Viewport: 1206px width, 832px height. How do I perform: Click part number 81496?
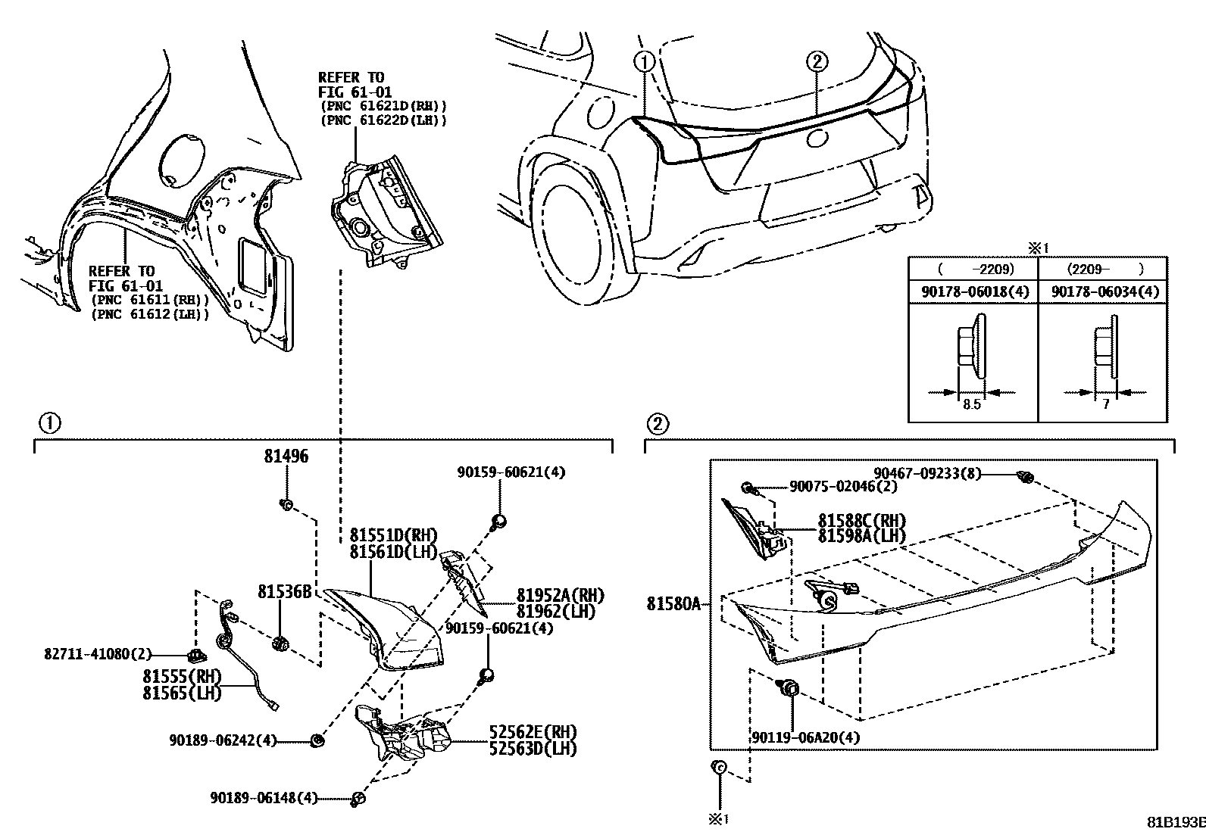(x=286, y=457)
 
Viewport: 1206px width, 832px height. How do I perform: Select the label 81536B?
(x=284, y=591)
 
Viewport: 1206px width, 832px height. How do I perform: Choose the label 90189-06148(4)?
(x=264, y=797)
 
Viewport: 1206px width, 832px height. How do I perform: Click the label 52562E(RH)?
(x=533, y=732)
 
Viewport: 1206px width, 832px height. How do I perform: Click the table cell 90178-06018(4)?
(x=975, y=291)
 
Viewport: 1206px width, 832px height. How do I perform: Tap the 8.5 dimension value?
(x=971, y=404)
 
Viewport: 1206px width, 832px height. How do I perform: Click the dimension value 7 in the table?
(x=1105, y=404)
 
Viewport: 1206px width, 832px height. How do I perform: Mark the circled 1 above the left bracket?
(x=49, y=422)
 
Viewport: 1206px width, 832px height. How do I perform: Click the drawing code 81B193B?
(x=1175, y=822)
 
